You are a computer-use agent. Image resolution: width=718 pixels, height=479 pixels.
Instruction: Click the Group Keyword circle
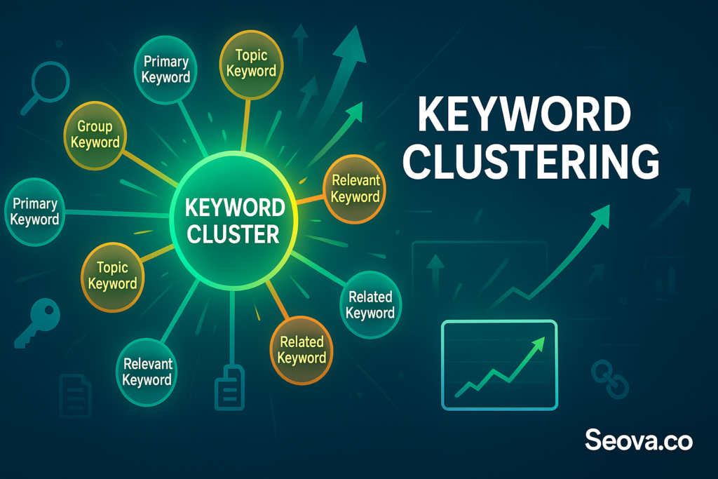(94, 134)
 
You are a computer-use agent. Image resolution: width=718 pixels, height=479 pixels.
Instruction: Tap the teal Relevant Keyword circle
(147, 372)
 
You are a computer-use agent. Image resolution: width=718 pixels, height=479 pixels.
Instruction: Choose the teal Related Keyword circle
(370, 304)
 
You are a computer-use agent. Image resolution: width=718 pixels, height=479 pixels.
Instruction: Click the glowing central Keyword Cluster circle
(234, 221)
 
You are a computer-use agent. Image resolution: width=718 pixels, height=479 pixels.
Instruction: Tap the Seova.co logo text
(639, 440)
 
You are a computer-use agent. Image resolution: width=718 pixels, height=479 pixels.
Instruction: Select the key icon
(36, 323)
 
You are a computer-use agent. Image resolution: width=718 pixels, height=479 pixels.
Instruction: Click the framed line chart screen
(499, 364)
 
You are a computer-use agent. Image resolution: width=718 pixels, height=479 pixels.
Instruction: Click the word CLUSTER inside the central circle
(234, 234)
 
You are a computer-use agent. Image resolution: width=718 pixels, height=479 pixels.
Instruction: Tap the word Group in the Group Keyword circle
(94, 127)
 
